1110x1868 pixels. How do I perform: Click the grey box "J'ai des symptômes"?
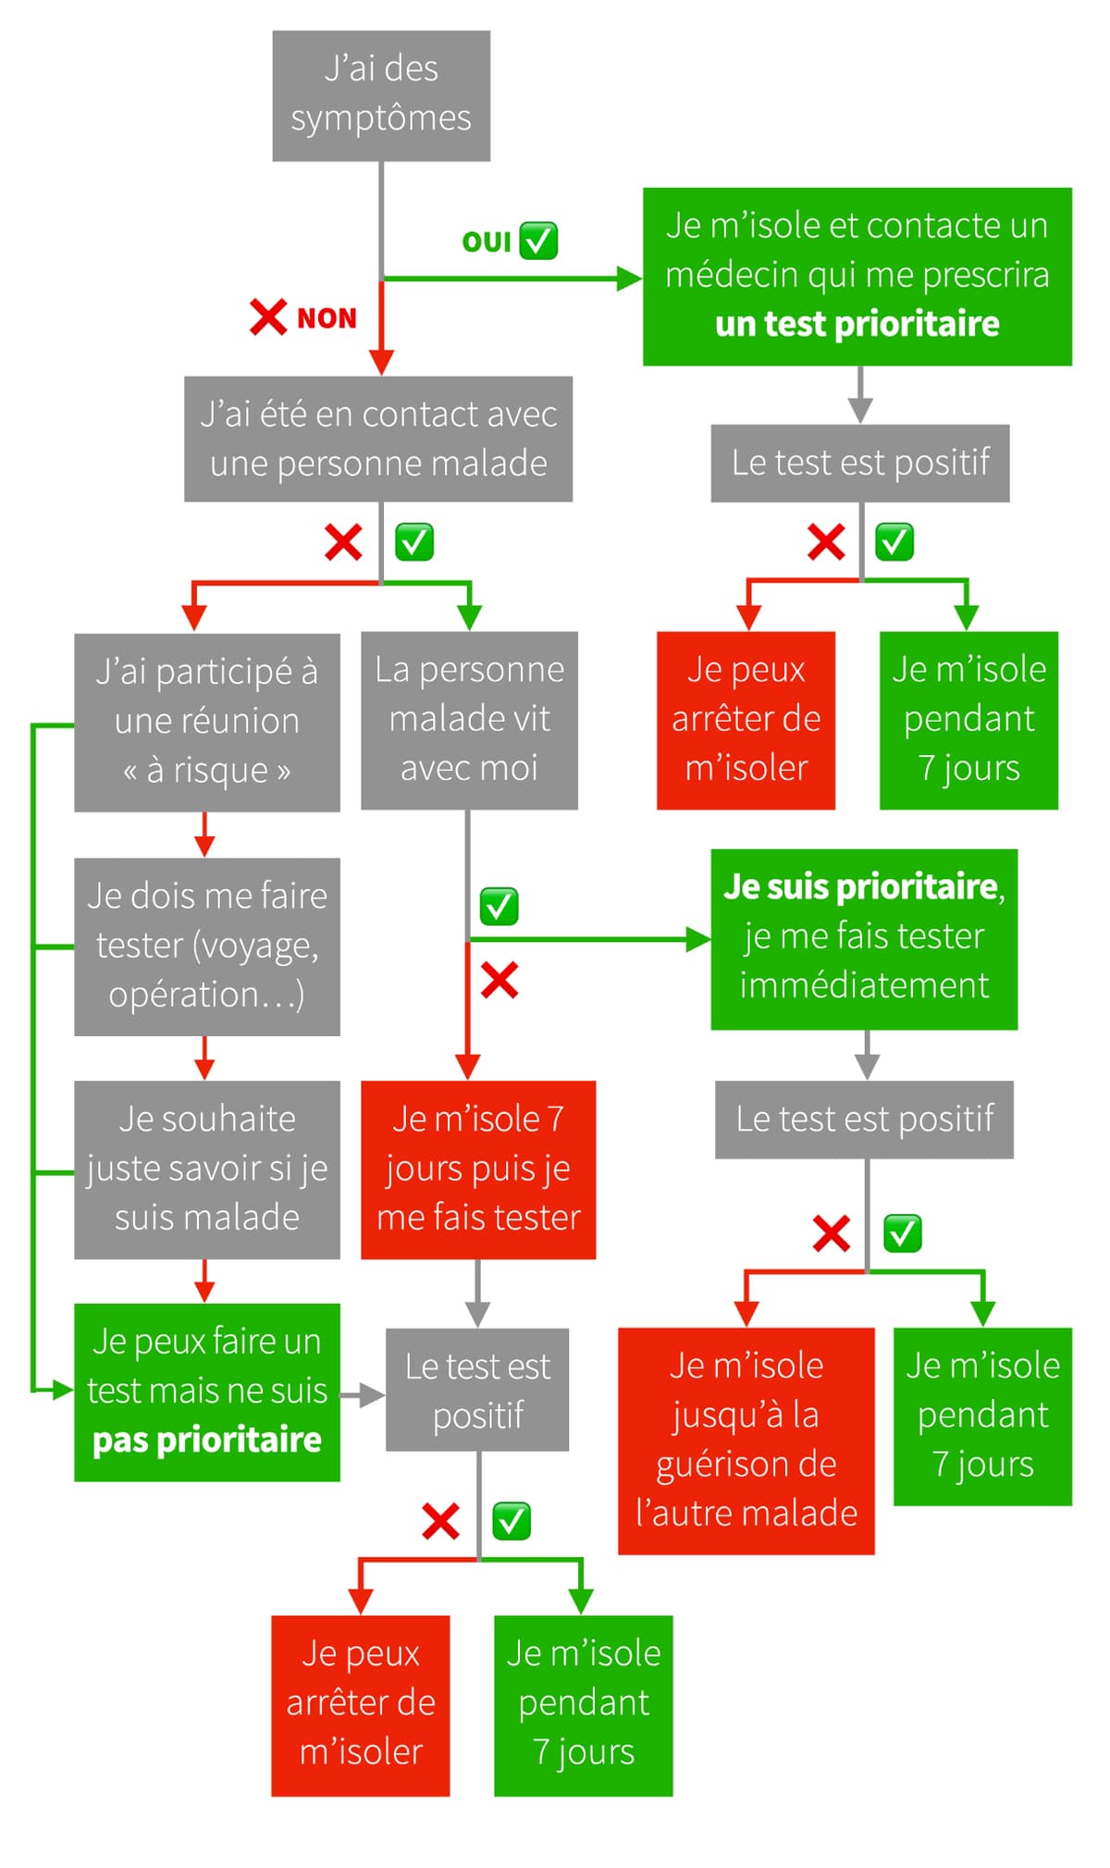coord(381,95)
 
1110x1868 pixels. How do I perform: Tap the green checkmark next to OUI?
coord(538,241)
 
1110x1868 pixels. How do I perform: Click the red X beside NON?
coord(268,317)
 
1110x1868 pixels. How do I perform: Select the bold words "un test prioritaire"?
coord(857,324)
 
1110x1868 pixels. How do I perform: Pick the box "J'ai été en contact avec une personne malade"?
coord(378,439)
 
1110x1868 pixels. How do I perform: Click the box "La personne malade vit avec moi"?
coord(469,720)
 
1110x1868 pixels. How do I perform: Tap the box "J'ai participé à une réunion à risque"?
coord(207,722)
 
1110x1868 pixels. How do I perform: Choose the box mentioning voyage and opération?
coord(207,946)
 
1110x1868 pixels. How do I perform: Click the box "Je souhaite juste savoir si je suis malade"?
coord(207,1169)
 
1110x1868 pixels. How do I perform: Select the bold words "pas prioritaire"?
coord(207,1441)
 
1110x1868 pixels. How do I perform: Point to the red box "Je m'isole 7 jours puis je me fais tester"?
coord(478,1169)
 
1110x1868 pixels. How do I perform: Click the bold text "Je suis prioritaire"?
coord(861,886)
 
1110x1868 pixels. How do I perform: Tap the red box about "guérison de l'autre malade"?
coord(746,1441)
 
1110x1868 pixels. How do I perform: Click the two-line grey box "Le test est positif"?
coord(477,1390)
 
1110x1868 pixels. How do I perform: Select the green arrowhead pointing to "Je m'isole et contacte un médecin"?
coord(630,278)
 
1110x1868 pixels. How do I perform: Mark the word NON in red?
coord(327,318)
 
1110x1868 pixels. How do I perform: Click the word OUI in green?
coord(487,242)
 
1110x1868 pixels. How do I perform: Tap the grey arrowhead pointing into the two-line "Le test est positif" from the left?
coord(373,1394)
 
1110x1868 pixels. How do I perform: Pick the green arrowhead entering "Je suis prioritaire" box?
coord(698,940)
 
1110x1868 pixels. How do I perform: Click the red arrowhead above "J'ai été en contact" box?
coord(381,362)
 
